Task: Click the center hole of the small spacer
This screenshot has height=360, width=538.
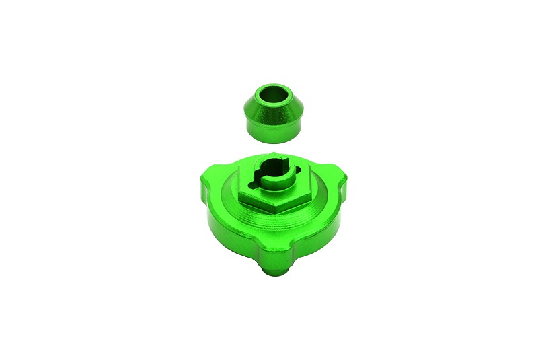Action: [272, 95]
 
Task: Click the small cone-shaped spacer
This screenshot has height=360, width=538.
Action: [272, 111]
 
